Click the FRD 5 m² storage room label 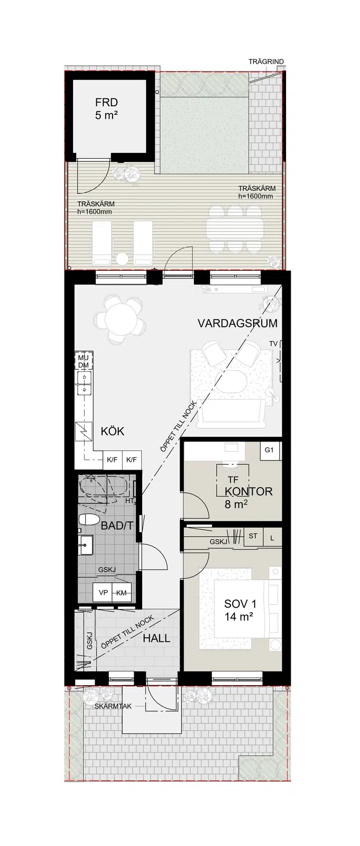(x=106, y=108)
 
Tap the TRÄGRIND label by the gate (x=266, y=61)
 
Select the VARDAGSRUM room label (x=237, y=323)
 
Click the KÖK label (x=112, y=431)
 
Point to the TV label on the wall (x=273, y=344)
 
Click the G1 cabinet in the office (x=269, y=450)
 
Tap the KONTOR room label (x=248, y=491)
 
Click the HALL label (x=156, y=638)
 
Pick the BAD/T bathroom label (x=117, y=526)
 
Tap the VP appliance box (x=103, y=593)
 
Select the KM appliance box (x=122, y=593)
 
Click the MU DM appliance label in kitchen (x=84, y=361)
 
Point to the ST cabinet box (x=253, y=536)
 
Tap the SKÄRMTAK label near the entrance (x=108, y=706)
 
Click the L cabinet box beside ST (x=272, y=538)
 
